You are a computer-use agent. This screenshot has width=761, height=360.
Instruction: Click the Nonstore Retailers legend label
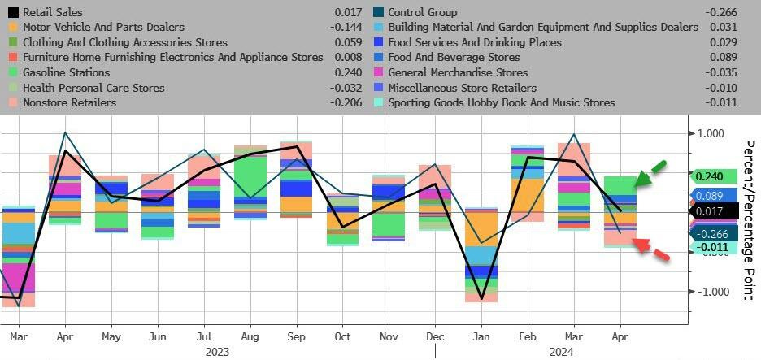(x=69, y=102)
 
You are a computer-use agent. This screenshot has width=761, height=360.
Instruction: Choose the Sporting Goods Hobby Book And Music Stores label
(x=502, y=102)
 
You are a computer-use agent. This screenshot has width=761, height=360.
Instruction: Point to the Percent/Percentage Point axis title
(x=750, y=219)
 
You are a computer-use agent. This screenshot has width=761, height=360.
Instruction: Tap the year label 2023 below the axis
(x=217, y=351)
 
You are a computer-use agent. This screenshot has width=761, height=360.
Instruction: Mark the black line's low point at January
(x=481, y=298)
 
